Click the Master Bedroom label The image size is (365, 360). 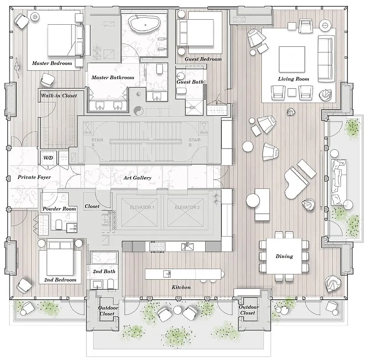(x=52, y=63)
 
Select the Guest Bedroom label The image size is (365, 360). (x=203, y=59)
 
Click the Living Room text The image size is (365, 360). (x=293, y=79)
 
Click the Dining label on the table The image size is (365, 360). (x=284, y=256)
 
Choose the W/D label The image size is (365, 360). (x=48, y=157)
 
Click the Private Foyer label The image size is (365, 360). (x=34, y=178)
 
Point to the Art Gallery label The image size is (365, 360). (x=137, y=178)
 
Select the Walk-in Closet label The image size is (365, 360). (x=59, y=96)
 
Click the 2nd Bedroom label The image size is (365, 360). (x=60, y=280)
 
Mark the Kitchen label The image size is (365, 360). (x=181, y=287)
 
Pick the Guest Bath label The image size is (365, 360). (x=190, y=82)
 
